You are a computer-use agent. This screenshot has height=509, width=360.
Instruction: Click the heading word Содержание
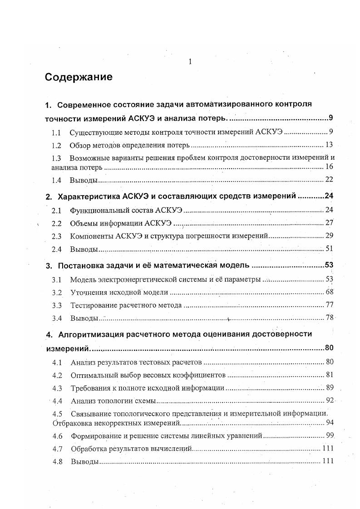point(79,77)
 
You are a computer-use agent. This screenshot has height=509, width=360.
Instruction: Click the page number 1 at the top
point(190,62)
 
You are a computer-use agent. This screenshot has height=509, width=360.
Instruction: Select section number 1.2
point(56,146)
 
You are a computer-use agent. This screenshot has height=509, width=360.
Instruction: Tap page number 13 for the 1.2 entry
point(329,145)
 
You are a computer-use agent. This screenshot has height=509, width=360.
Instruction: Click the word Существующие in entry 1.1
point(93,133)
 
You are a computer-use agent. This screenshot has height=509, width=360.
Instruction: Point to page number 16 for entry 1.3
point(330,167)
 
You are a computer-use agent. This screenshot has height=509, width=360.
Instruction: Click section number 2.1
point(56,210)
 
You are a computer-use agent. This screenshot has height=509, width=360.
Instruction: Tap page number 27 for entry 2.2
point(329,223)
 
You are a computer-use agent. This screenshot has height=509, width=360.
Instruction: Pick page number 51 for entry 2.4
point(330,249)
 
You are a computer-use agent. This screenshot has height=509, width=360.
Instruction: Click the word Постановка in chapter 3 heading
point(79,266)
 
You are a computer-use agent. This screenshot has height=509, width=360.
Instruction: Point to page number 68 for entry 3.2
point(330,292)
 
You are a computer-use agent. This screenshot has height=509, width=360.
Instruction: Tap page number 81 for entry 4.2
point(330,375)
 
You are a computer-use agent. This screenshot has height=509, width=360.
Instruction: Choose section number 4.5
point(57,414)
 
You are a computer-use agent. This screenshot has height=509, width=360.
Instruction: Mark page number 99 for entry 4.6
point(330,436)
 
